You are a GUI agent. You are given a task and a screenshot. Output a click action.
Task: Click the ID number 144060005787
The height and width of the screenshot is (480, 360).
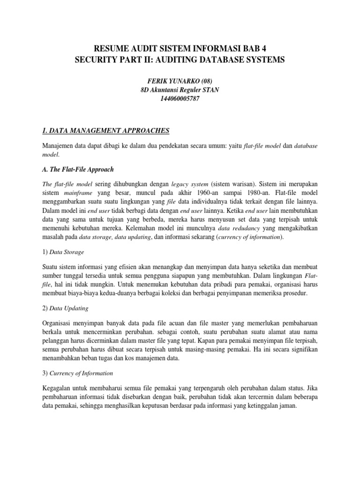(x=180, y=100)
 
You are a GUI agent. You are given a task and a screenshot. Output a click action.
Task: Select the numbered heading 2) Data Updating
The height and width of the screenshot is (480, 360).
(x=65, y=309)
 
